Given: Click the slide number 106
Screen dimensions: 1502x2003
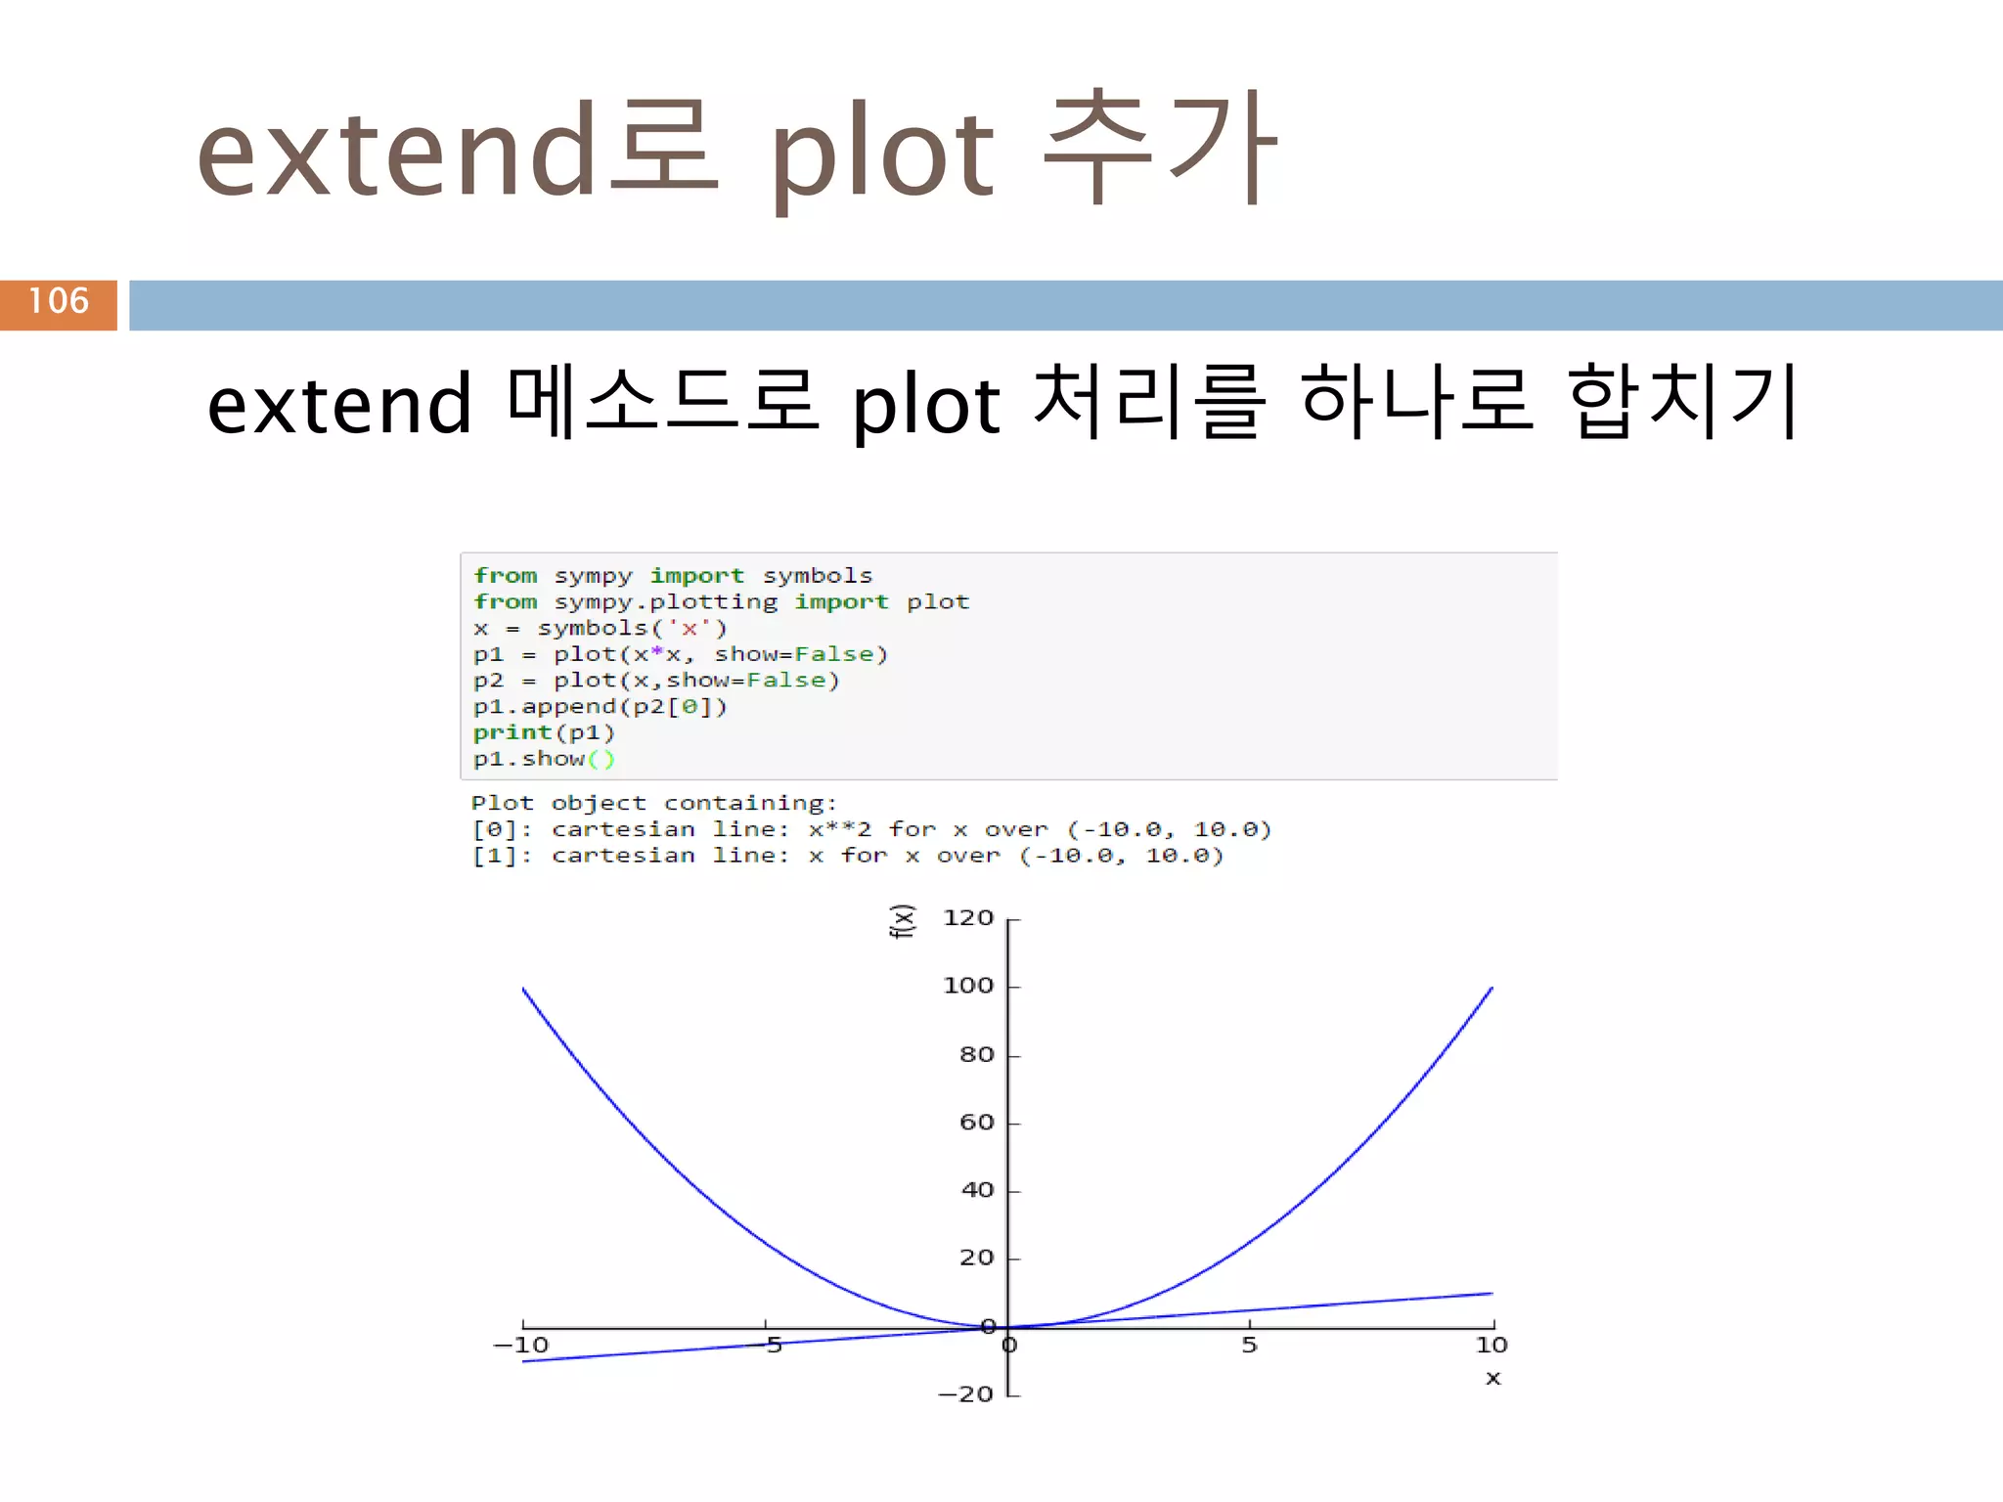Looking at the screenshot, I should point(59,301).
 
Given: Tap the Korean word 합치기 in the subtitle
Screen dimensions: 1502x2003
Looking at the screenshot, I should point(1681,402).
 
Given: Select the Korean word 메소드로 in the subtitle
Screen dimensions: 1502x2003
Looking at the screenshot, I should point(662,402).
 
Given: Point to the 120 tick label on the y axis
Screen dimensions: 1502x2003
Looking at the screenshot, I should point(967,918).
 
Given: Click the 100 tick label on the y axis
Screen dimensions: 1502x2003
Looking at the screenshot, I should point(967,986).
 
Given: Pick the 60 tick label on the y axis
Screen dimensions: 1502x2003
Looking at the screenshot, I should point(976,1123).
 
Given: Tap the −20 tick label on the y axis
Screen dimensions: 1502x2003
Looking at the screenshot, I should point(965,1394).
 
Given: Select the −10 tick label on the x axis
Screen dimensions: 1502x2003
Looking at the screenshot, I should point(521,1346).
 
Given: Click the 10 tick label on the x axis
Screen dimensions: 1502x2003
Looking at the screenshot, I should point(1491,1346).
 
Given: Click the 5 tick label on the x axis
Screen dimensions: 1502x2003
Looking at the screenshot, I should point(1249,1346).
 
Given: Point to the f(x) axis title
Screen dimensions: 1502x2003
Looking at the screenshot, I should point(902,921).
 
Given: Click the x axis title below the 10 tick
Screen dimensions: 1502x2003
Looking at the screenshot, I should point(1492,1379).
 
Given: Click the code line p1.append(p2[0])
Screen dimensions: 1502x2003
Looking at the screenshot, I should point(600,707).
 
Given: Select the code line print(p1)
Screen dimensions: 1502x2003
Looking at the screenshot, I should point(544,733).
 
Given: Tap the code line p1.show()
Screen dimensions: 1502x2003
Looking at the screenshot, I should point(544,760).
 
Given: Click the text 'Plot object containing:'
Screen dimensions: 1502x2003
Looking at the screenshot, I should point(654,804).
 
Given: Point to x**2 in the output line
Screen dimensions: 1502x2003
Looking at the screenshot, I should point(839,830).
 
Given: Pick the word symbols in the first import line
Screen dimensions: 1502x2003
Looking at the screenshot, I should point(817,576).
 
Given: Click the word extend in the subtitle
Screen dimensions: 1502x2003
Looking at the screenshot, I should point(340,404).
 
